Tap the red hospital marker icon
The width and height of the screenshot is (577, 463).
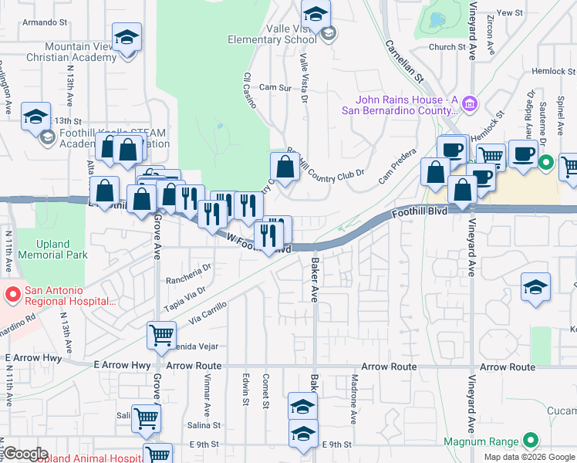(12, 294)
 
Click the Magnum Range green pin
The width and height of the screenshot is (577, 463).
(529, 441)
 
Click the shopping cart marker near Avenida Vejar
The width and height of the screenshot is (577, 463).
(160, 335)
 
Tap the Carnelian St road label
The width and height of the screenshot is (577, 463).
(405, 62)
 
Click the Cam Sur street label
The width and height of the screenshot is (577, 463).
(275, 88)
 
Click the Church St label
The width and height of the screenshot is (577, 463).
(447, 47)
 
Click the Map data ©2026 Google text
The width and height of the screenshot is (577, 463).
(529, 457)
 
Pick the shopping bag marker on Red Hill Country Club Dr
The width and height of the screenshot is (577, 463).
(285, 166)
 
